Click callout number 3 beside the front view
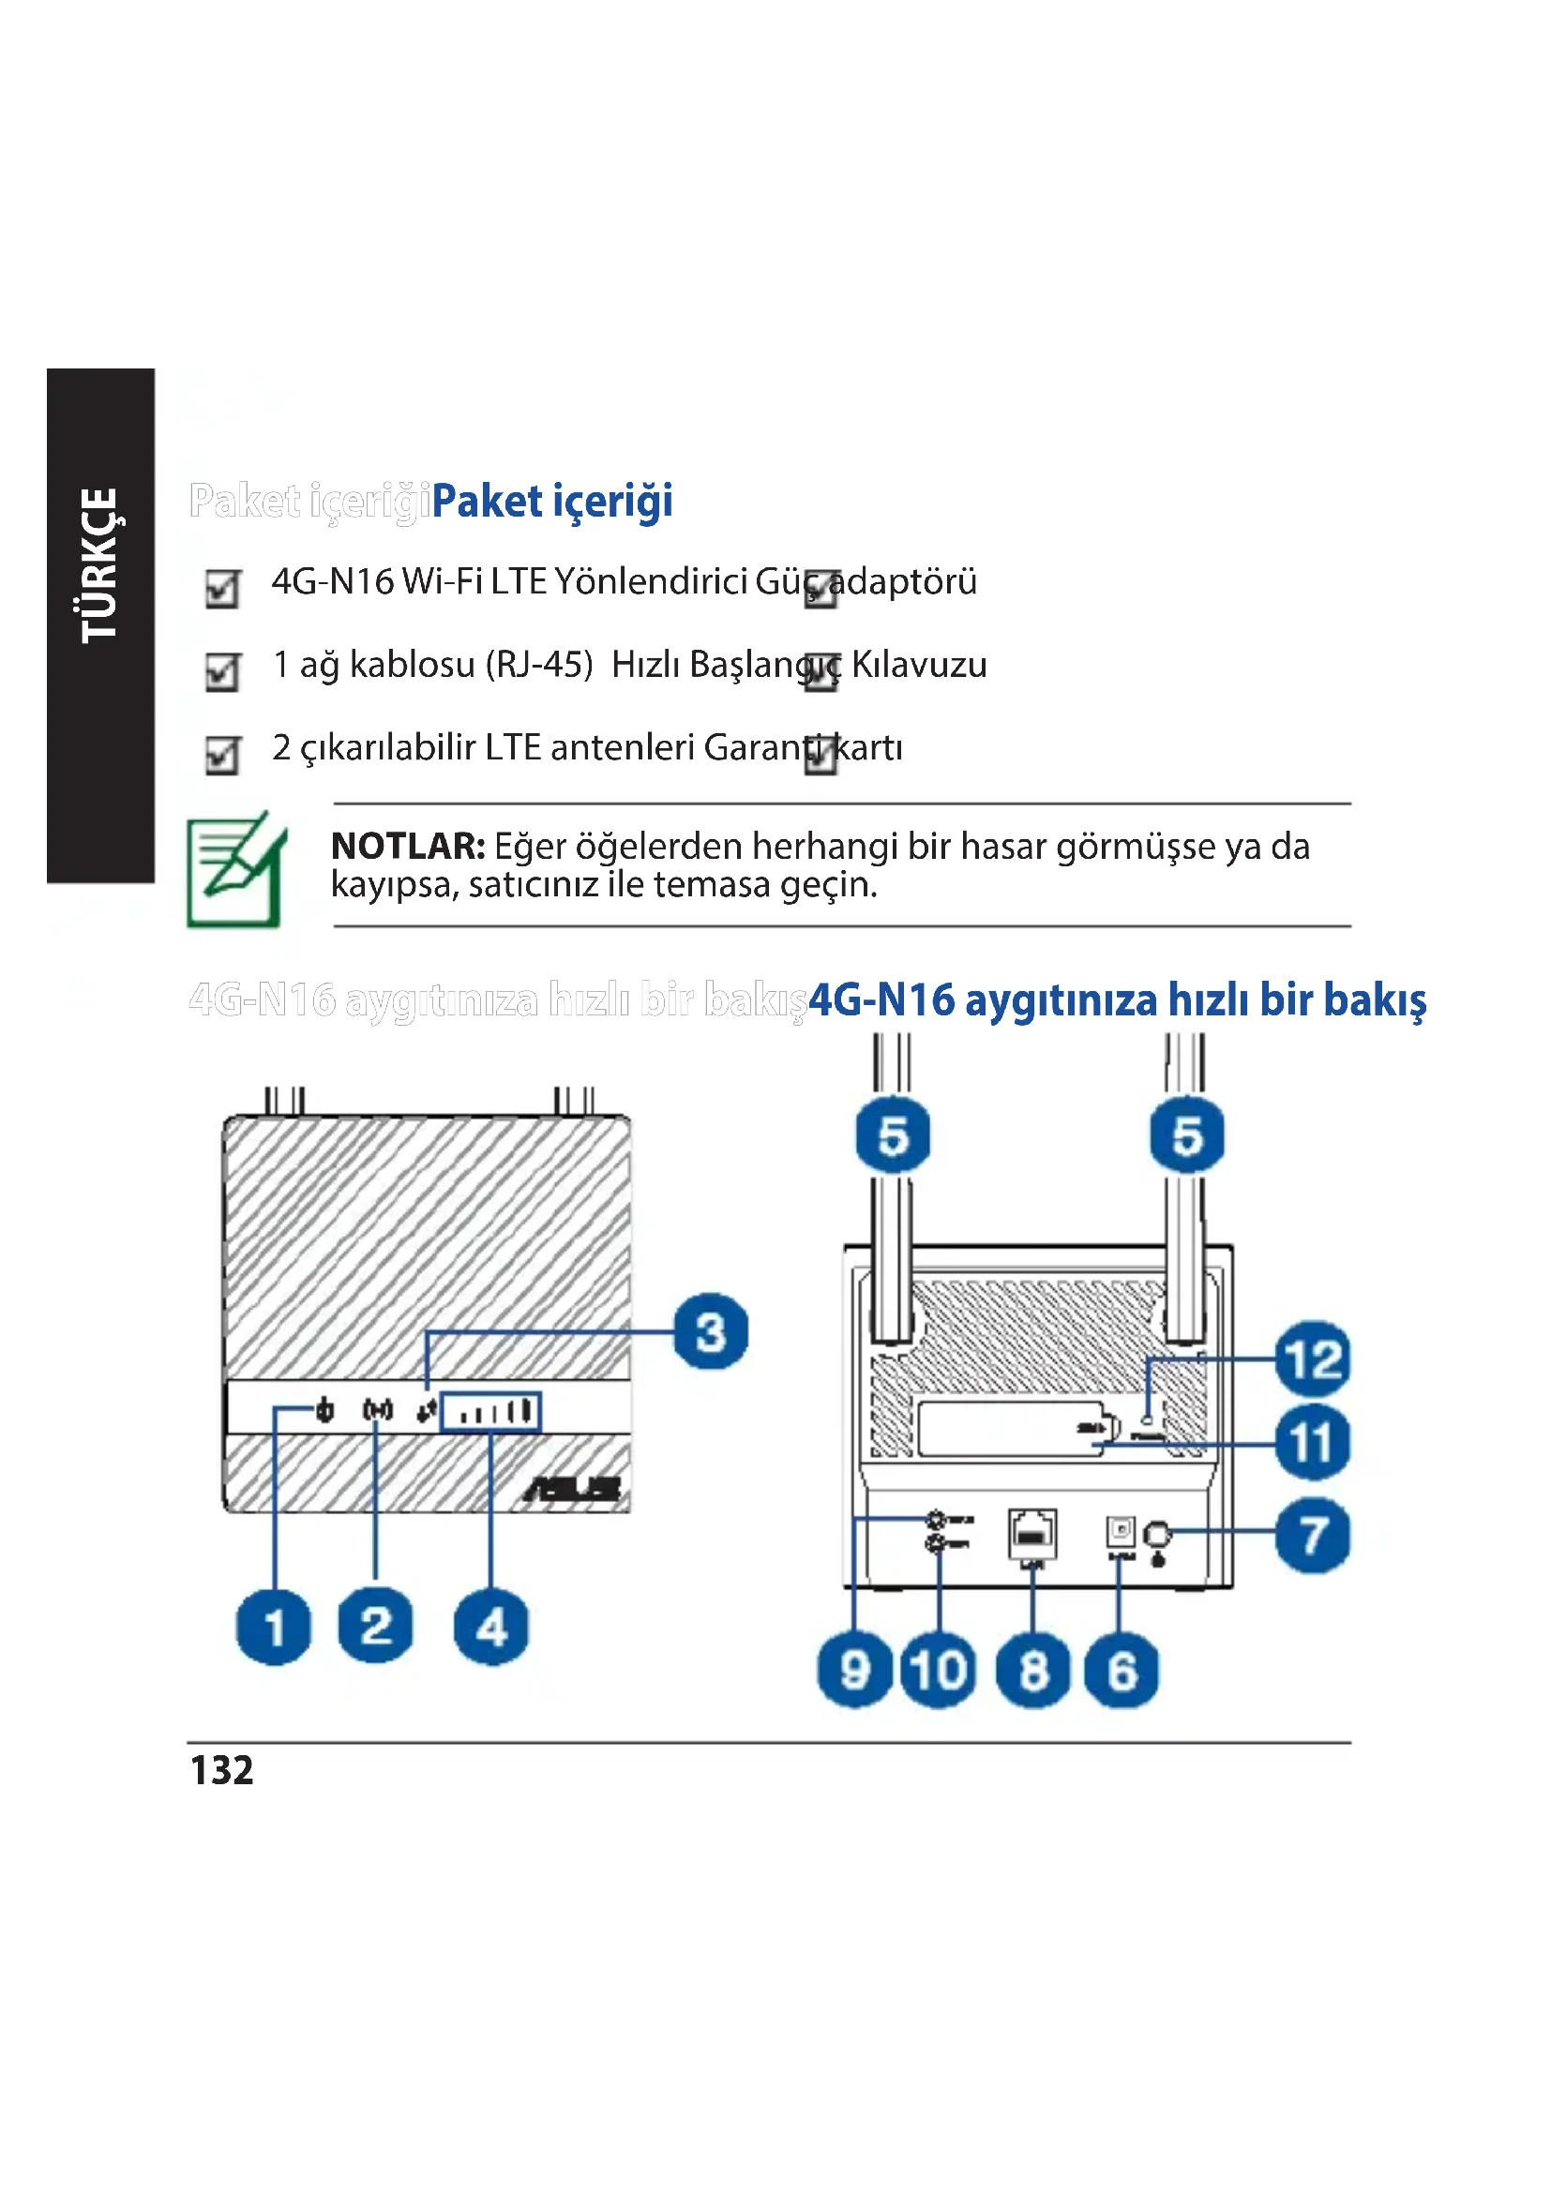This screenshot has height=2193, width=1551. click(710, 1331)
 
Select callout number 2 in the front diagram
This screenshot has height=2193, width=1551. click(376, 1627)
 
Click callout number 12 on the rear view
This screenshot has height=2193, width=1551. click(1313, 1359)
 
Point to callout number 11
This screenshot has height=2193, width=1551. click(1313, 1442)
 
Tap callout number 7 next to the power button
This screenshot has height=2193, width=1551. click(1313, 1536)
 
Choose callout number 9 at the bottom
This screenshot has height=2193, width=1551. click(855, 1671)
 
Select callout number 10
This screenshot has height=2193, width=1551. click(939, 1671)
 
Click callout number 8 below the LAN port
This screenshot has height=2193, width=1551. click(1032, 1671)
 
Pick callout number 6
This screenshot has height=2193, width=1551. click(1122, 1671)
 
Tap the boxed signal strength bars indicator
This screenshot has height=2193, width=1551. click(490, 1412)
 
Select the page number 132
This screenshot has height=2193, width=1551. click(221, 1770)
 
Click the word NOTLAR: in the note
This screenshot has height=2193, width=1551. click(408, 847)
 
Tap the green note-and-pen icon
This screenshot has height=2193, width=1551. click(236, 869)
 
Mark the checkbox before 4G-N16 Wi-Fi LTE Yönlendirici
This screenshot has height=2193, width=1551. click(222, 589)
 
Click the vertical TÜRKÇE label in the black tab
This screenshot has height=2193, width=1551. click(99, 565)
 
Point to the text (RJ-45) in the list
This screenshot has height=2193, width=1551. click(539, 665)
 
